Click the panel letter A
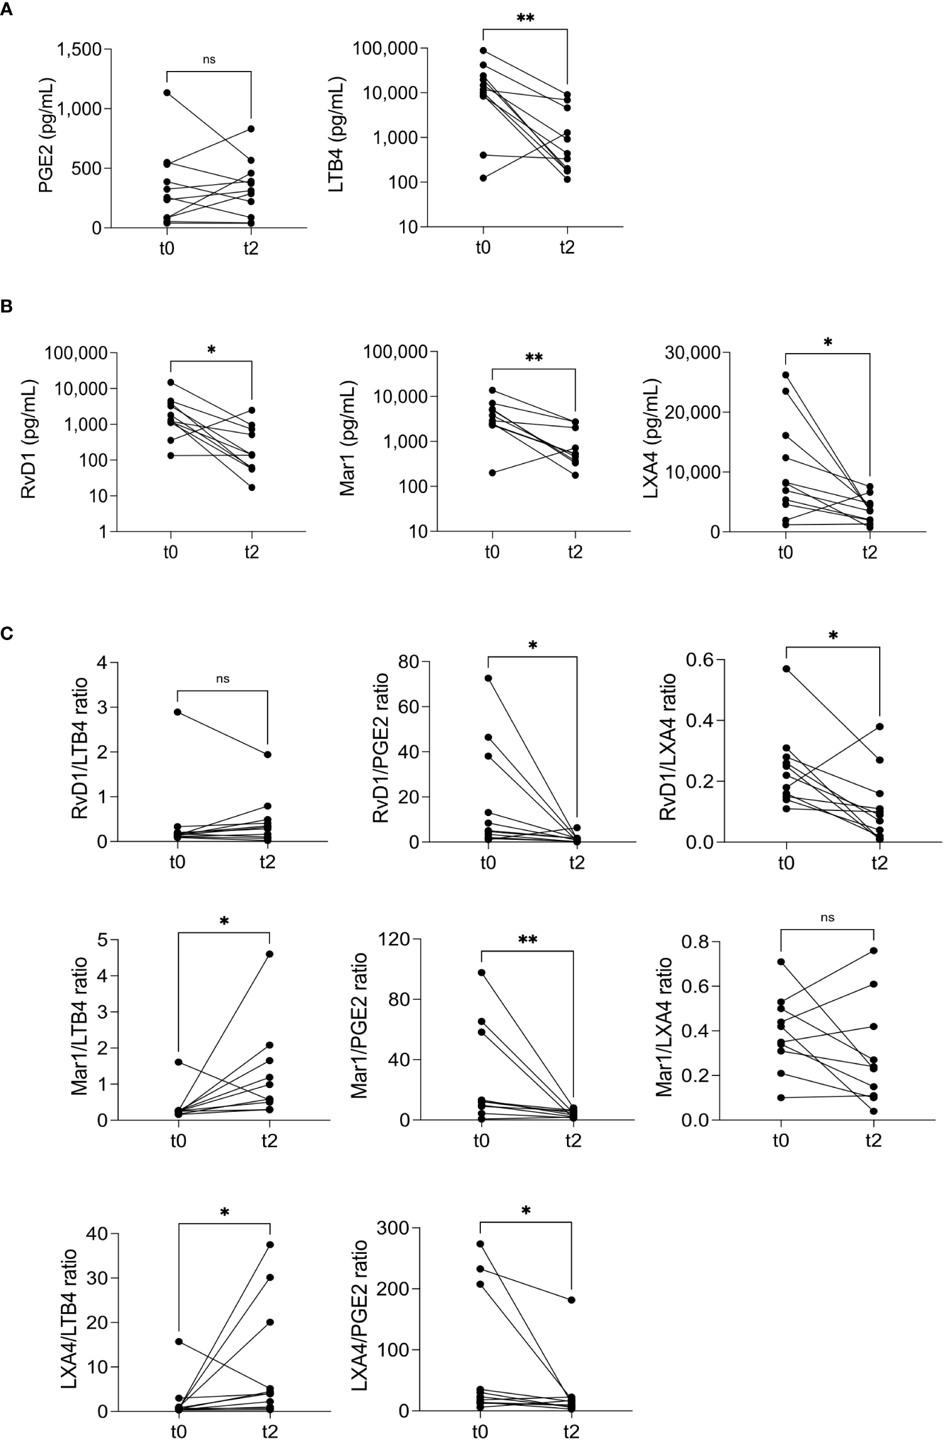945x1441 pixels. click(8, 7)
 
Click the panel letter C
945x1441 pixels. click(8, 634)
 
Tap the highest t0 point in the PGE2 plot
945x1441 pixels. click(167, 93)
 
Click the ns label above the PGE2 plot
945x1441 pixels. click(209, 60)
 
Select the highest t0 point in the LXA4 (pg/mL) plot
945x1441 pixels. click(786, 375)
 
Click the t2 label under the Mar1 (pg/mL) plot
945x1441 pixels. click(575, 552)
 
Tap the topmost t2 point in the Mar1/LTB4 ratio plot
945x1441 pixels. click(269, 954)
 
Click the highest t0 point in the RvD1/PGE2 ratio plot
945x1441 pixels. click(488, 678)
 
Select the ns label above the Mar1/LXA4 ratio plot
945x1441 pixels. click(828, 918)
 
